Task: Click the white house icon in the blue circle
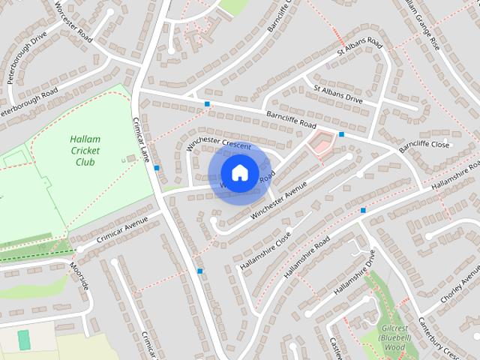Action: [x=239, y=173]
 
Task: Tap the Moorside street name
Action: [x=79, y=275]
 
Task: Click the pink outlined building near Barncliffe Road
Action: [x=321, y=142]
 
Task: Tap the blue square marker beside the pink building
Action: [x=341, y=134]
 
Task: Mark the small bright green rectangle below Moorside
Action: [x=23, y=339]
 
